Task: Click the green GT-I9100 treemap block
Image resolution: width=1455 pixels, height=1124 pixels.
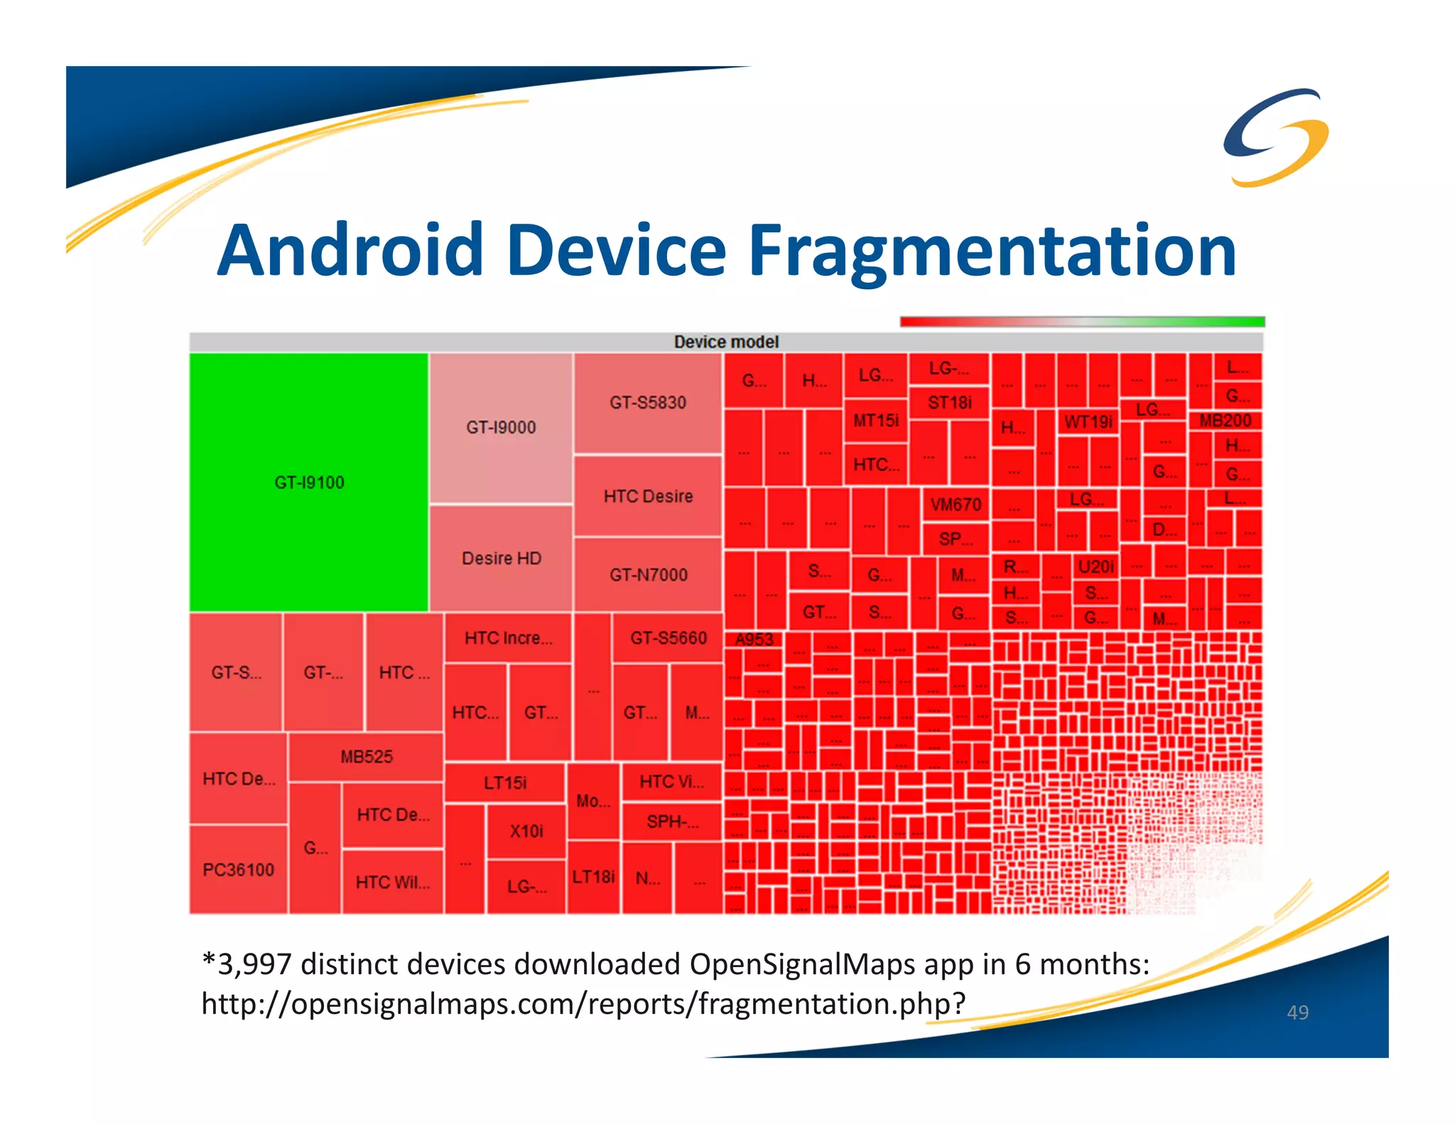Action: [309, 482]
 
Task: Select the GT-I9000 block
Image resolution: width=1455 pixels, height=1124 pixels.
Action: [501, 428]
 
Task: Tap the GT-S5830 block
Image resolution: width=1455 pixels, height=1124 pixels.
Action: [648, 403]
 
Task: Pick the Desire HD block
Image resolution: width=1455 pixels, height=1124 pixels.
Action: [502, 558]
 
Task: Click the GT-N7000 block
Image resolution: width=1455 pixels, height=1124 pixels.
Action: [648, 574]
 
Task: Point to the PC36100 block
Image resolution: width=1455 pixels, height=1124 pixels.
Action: [238, 870]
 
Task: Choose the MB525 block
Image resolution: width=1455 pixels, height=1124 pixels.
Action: [366, 757]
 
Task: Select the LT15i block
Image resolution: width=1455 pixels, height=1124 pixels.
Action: [505, 783]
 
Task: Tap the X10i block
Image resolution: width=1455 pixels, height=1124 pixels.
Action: [526, 831]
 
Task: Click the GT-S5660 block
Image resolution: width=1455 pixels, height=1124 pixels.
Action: [668, 638]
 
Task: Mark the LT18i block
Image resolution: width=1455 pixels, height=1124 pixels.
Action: [593, 877]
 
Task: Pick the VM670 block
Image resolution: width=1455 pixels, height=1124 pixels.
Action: [956, 504]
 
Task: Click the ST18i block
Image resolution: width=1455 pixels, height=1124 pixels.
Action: [949, 403]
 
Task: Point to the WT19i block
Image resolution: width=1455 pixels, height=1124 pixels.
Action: [1088, 422]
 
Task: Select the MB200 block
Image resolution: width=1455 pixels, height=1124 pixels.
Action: [1225, 421]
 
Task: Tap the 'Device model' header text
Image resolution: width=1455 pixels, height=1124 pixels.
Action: [726, 342]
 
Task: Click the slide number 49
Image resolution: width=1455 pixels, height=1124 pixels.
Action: [1297, 1012]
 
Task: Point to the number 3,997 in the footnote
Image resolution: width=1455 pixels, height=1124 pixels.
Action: [254, 964]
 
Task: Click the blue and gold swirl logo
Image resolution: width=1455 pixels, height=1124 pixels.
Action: [1276, 136]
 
